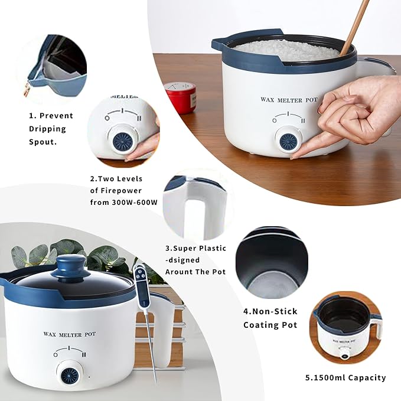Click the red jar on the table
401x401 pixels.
(181, 97)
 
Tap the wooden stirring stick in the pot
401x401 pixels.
(354, 28)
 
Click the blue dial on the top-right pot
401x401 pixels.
(288, 141)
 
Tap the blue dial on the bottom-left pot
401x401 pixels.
(69, 375)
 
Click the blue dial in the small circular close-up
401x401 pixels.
(122, 141)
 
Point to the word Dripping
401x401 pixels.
(47, 129)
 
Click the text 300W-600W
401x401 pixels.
(135, 203)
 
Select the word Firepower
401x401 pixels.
(121, 191)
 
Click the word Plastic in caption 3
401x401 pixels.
(213, 248)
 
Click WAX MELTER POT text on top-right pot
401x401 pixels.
(289, 100)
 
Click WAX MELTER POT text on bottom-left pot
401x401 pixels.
(70, 334)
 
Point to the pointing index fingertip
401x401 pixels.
(293, 157)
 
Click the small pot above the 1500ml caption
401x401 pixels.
(347, 328)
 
